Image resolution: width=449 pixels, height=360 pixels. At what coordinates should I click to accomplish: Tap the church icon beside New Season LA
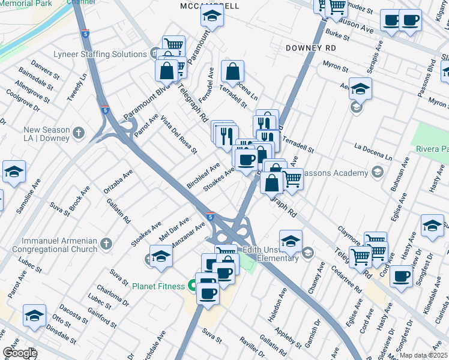click(79, 131)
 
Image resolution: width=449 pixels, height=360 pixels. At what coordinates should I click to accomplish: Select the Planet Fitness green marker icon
click(192, 286)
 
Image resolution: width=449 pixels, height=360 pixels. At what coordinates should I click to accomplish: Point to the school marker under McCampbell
click(212, 17)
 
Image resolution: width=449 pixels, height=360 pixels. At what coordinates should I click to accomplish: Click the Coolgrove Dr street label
click(22, 100)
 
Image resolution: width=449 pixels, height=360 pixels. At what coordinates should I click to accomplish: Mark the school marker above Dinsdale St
click(34, 316)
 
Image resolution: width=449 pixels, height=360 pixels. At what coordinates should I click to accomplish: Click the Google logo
click(20, 353)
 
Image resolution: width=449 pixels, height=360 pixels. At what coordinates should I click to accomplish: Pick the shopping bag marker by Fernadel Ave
click(232, 72)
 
